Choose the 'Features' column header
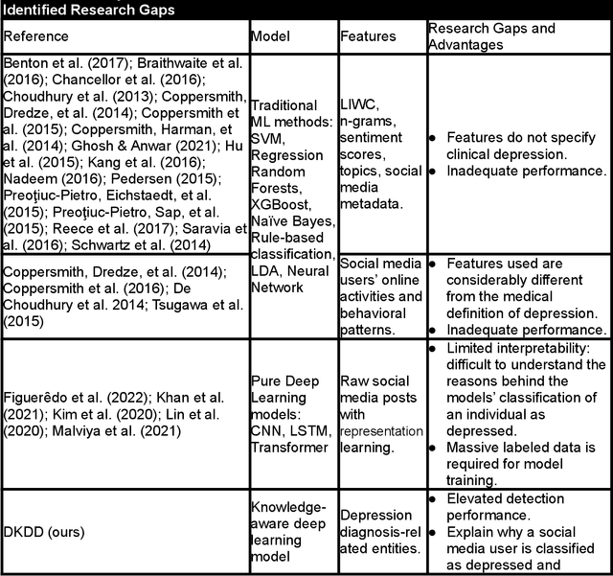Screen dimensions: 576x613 pos(368,36)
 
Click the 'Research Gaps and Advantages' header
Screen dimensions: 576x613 pos(490,36)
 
